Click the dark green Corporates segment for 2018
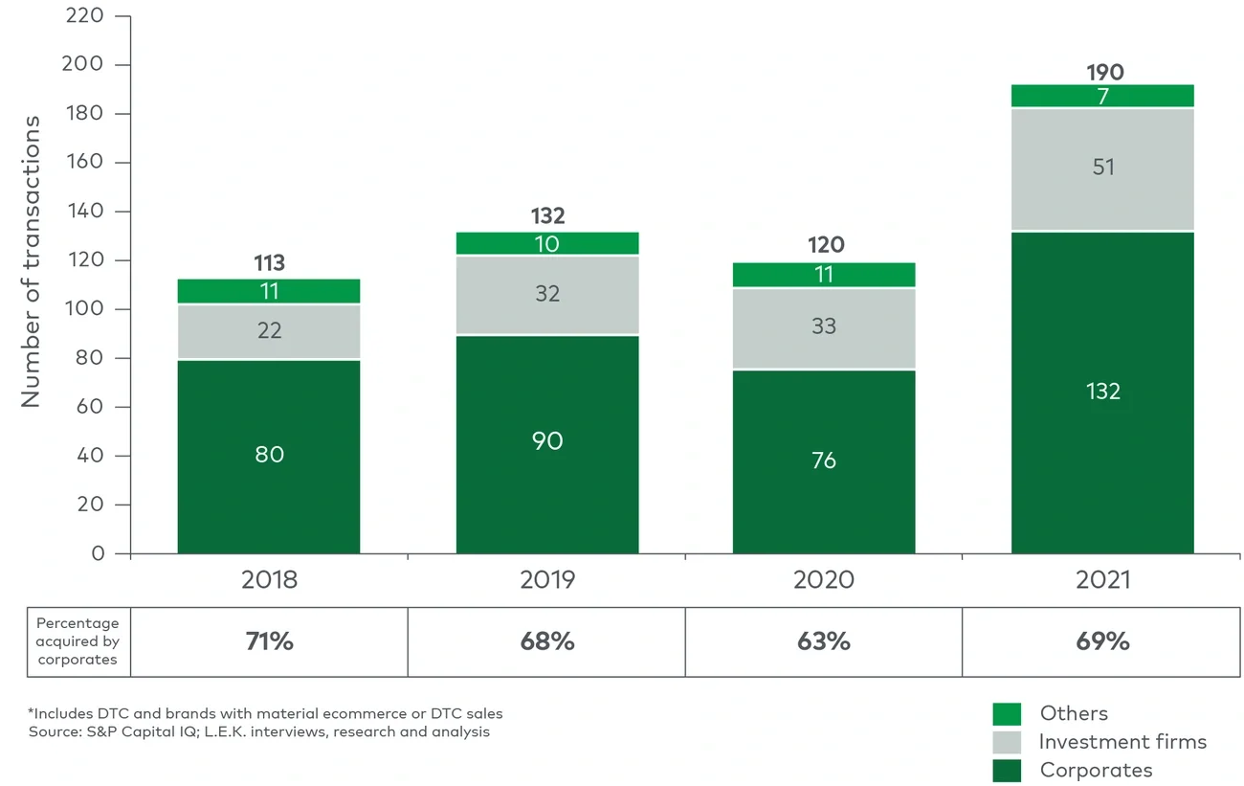click(269, 457)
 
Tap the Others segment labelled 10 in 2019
click(547, 243)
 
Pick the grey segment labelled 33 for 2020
click(824, 327)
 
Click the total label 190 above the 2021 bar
click(1104, 73)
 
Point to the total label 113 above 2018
click(269, 263)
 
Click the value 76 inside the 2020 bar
click(824, 460)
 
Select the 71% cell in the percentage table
click(269, 641)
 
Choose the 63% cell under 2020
click(824, 641)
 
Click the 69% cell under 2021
click(1102, 641)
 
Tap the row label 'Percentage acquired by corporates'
click(78, 641)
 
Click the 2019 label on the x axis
click(547, 580)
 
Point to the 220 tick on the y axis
click(86, 16)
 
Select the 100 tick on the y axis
click(86, 309)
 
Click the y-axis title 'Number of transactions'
click(32, 261)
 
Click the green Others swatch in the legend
click(1007, 714)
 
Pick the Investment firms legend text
click(1122, 742)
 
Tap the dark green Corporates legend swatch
click(1007, 770)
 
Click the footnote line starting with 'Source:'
click(258, 732)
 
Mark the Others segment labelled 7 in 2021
click(1102, 96)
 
